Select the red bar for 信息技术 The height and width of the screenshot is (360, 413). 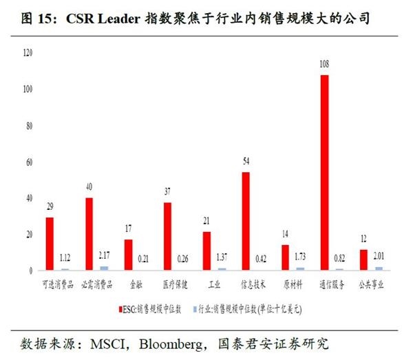tap(246, 221)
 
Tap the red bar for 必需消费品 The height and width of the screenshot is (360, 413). tap(89, 233)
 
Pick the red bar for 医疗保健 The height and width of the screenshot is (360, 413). tap(167, 236)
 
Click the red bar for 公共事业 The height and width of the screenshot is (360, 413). tap(363, 260)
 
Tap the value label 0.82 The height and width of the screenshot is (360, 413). tap(340, 259)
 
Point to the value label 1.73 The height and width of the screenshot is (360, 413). tap(301, 257)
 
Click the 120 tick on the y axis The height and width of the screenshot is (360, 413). tap(28, 53)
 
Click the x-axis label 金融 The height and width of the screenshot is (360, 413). tap(136, 283)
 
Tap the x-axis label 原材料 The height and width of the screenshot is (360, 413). tap(293, 283)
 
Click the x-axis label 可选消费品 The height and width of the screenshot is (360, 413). tap(57, 283)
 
